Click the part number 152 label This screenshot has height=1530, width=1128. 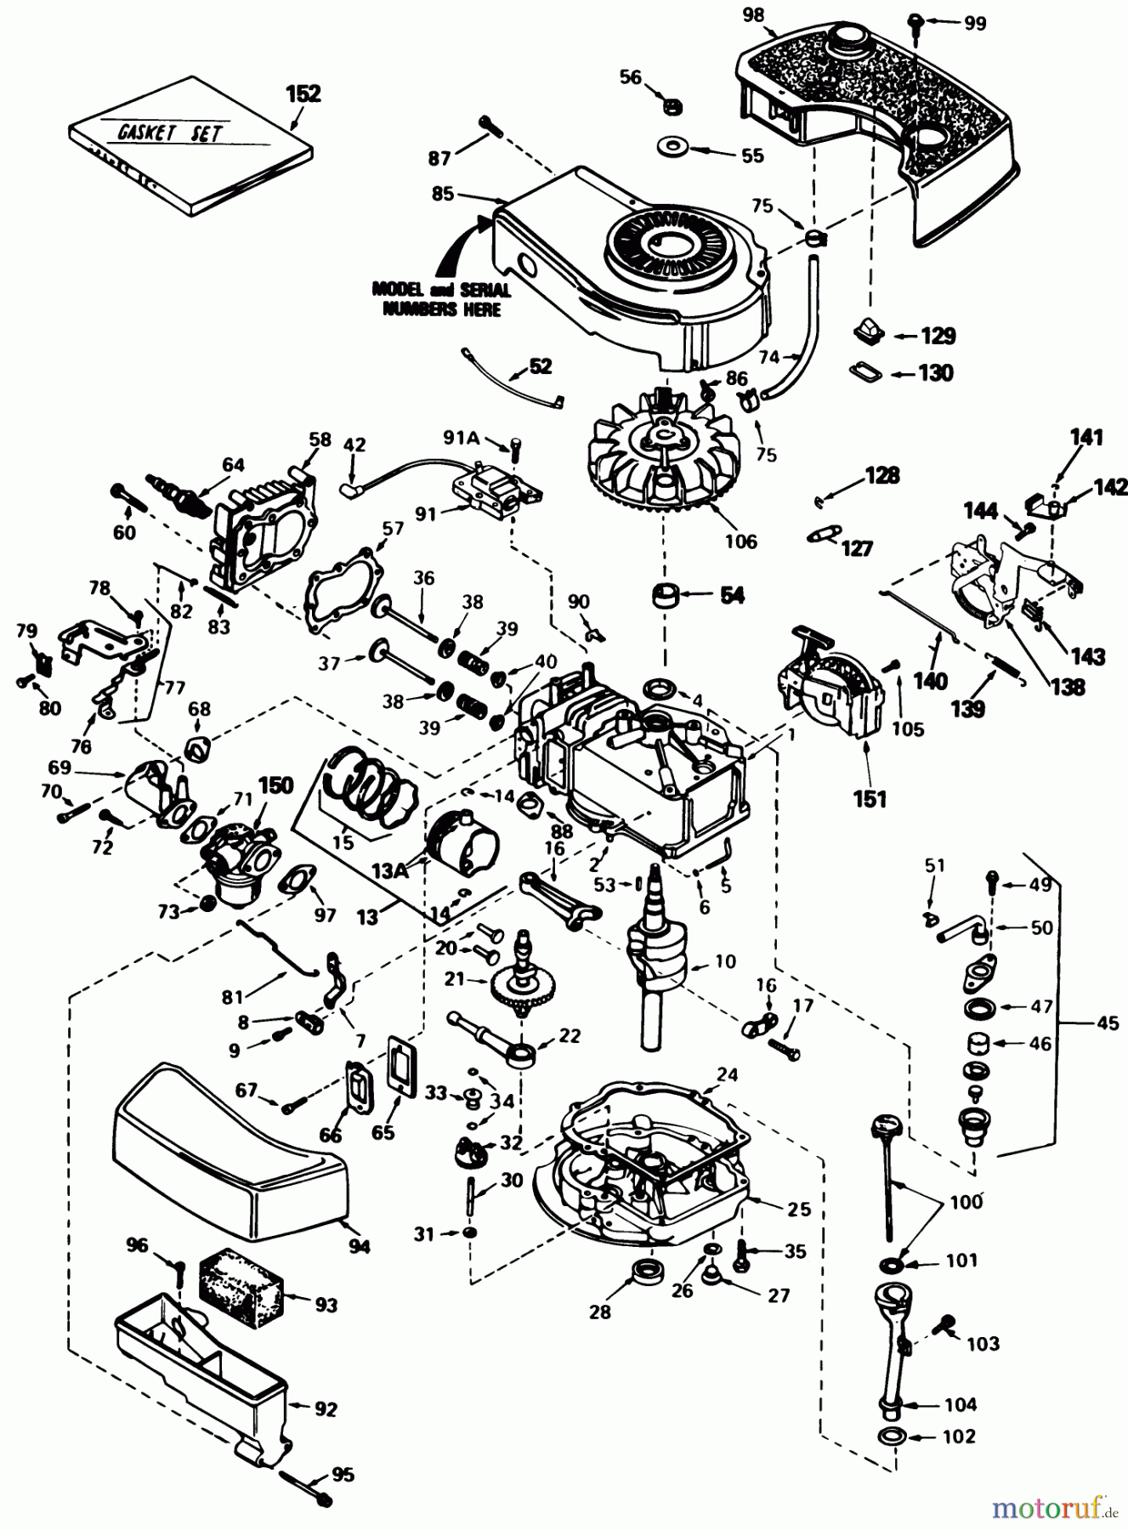tap(303, 93)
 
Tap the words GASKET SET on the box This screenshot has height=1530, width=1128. tap(167, 133)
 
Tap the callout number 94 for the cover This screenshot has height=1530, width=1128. tap(360, 1247)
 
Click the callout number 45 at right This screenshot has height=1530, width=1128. tap(1107, 1023)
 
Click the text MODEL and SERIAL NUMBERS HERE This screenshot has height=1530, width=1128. tap(441, 298)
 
